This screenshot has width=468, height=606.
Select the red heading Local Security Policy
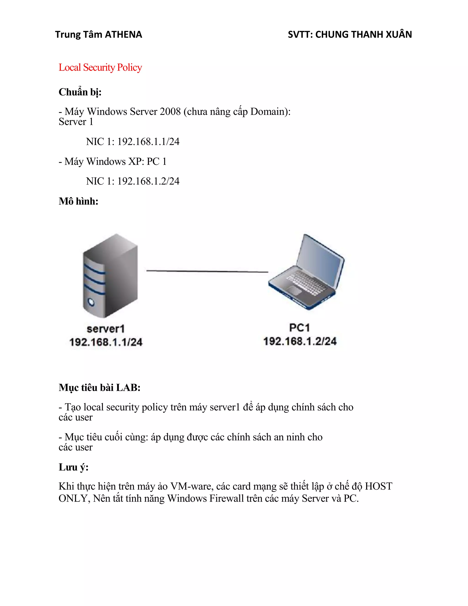[100, 67]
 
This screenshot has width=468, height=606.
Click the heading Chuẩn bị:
[80, 92]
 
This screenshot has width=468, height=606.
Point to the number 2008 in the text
[170, 112]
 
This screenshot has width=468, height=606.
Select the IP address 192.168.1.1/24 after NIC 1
[148, 142]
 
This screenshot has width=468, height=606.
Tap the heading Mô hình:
[78, 201]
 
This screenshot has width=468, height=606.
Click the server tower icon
[110, 276]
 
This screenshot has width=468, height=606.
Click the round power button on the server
[91, 302]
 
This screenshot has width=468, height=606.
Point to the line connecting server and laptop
[207, 271]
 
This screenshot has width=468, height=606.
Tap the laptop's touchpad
[294, 290]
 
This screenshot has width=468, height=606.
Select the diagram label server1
[106, 329]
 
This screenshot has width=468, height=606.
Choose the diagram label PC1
[299, 328]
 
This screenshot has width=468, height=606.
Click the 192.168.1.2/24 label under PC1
[300, 341]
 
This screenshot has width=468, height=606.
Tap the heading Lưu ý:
[74, 467]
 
